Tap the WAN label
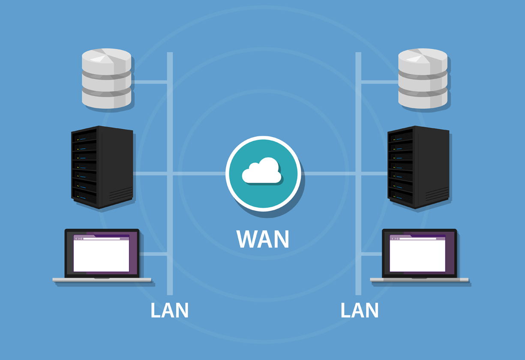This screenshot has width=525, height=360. point(263,239)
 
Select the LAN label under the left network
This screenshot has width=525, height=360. point(169,310)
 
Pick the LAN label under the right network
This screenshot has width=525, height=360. point(359,310)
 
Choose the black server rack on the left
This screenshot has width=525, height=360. point(102,167)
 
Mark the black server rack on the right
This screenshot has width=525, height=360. point(418,167)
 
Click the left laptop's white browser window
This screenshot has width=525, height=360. point(101,255)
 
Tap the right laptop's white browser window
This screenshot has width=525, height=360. point(417,255)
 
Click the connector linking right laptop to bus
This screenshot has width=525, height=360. point(371,254)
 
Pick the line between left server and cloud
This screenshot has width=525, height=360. point(197,174)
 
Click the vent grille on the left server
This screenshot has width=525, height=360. point(121,195)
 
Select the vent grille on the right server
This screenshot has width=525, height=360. point(437,195)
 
